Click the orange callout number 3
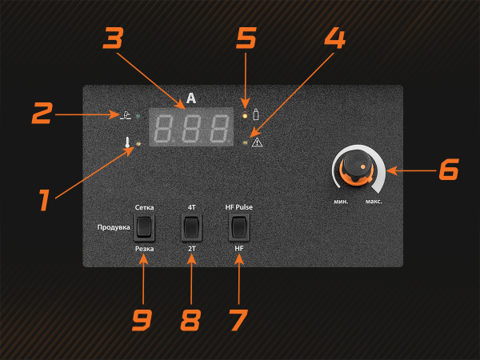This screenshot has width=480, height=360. click(x=113, y=38)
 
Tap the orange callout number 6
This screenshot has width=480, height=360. click(x=449, y=169)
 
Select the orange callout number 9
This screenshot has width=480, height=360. click(x=142, y=319)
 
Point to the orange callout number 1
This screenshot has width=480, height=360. click(x=44, y=200)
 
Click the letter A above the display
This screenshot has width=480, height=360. click(x=191, y=98)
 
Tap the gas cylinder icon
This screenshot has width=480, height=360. click(x=256, y=114)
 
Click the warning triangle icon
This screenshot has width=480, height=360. click(x=257, y=142)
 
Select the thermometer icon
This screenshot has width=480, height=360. click(x=127, y=142)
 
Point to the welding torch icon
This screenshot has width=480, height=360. click(x=126, y=114)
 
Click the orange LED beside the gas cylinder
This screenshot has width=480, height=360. click(x=245, y=116)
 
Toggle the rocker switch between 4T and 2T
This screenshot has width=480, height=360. click(x=192, y=227)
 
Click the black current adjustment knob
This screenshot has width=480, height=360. click(x=356, y=166)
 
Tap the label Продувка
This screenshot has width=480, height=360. click(x=114, y=227)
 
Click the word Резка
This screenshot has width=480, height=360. click(x=145, y=249)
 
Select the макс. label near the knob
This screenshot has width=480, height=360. click(x=374, y=202)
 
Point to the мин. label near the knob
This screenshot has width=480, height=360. click(x=341, y=202)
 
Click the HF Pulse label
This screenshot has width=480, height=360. click(x=238, y=207)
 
